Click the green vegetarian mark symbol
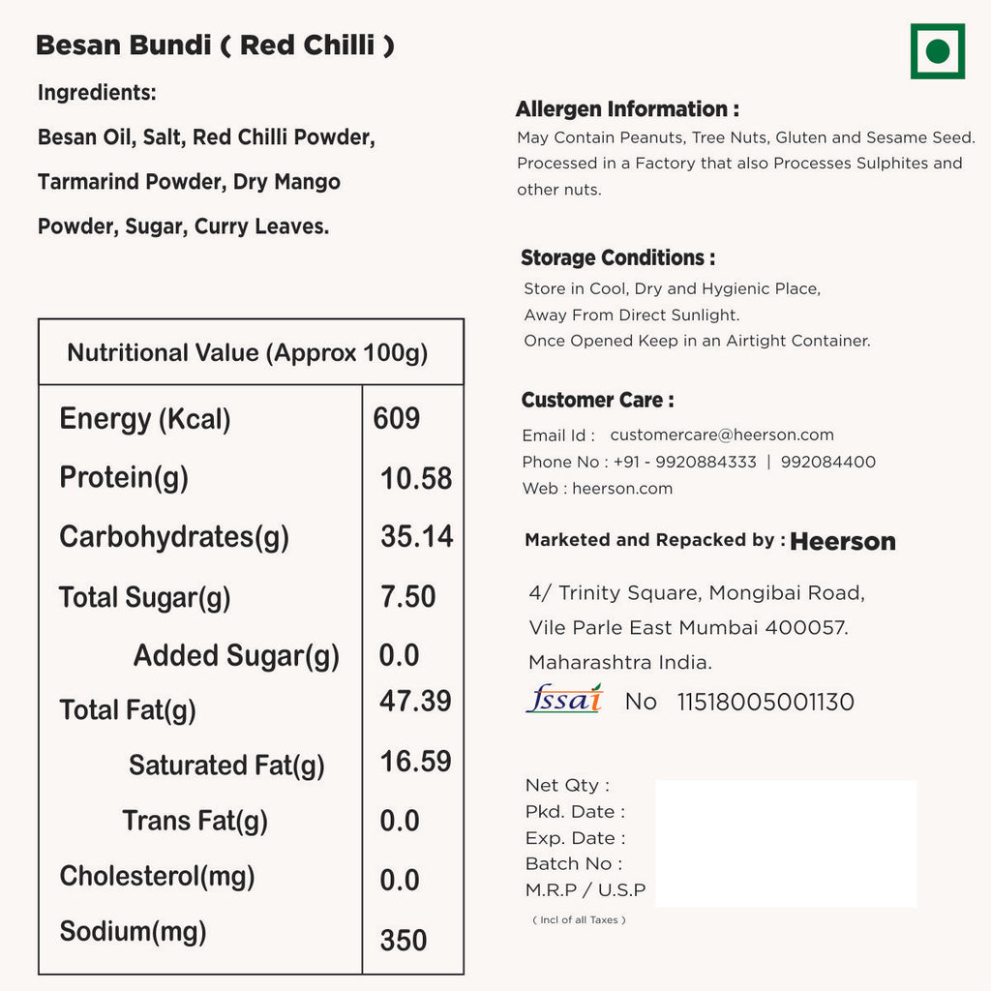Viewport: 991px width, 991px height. [937, 51]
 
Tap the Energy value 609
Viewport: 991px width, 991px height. [397, 419]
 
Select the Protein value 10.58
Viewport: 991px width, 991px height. [416, 478]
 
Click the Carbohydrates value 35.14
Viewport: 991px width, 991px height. [417, 537]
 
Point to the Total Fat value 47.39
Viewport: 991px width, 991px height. [415, 701]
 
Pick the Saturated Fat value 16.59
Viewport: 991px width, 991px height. [415, 762]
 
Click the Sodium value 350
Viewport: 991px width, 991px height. [404, 940]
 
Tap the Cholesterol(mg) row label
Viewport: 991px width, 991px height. [157, 876]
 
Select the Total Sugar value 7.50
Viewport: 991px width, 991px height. [407, 597]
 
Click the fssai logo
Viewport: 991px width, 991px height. [564, 699]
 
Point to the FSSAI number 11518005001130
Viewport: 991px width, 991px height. [766, 702]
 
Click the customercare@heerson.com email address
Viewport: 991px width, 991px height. [722, 435]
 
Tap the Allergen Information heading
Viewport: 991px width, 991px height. [627, 109]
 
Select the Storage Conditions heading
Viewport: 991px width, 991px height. [618, 258]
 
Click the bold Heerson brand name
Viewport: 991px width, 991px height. [843, 542]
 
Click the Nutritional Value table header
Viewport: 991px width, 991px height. [248, 352]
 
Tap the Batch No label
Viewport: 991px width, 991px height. [574, 863]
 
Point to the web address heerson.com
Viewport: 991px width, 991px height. [622, 489]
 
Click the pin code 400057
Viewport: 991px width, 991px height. [806, 628]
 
